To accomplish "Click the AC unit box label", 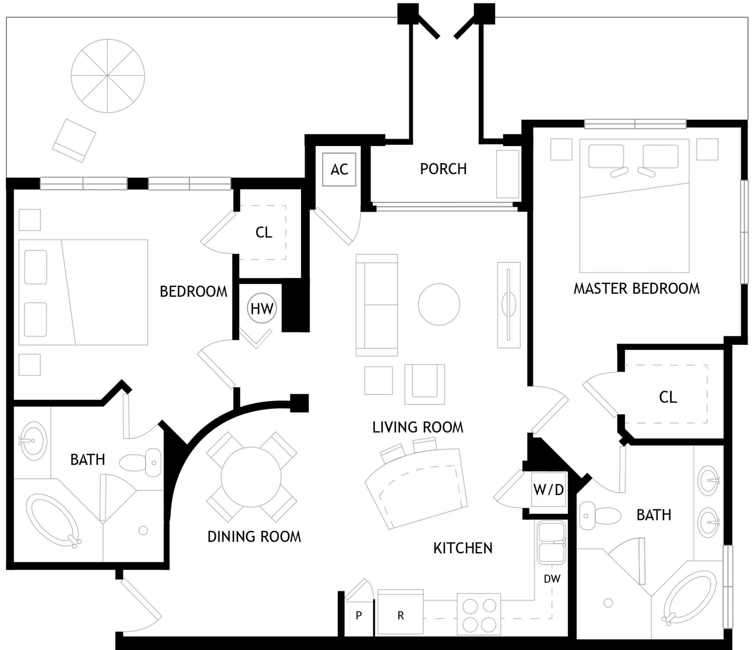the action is (339, 170).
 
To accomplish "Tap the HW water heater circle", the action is (262, 308).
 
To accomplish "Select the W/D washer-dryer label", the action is (549, 490).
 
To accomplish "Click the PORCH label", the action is (443, 169).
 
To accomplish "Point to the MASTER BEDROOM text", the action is (637, 288).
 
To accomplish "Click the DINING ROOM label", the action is (254, 537).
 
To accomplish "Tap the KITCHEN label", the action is (463, 548).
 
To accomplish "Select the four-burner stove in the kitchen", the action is (479, 614).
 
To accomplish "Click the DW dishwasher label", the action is (552, 579).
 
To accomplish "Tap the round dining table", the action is (251, 477).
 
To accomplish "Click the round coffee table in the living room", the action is (439, 304).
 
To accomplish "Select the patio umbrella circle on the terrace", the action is (108, 76).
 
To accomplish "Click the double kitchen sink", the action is (551, 542).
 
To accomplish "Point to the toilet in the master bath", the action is (600, 515).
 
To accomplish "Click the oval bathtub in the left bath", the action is (53, 521).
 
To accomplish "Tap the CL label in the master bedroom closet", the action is (668, 397).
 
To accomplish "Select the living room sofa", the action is (377, 305).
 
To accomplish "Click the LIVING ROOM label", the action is (418, 427).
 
